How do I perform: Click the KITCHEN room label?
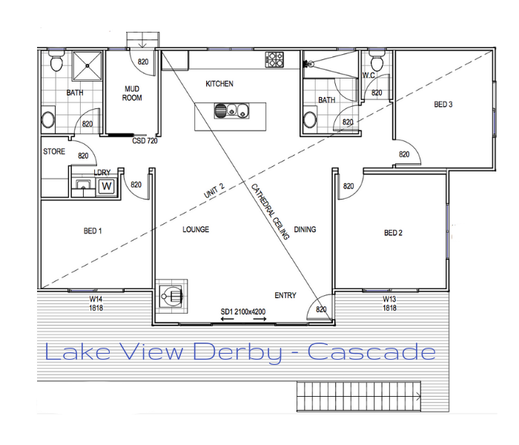[x=219, y=84]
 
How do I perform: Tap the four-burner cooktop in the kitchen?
[x=274, y=59]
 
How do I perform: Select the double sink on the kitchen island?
[x=231, y=111]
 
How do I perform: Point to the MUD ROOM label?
[x=132, y=93]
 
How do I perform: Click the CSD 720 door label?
[x=145, y=141]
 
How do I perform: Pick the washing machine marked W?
[x=107, y=186]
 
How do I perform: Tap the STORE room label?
[x=54, y=151]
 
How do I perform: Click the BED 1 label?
[x=93, y=231]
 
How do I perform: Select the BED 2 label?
[x=393, y=233]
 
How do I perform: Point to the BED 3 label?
[x=443, y=105]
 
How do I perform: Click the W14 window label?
[x=96, y=299]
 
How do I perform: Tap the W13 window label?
[x=389, y=299]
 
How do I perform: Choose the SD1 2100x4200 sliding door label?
[x=243, y=311]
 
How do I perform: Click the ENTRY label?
[x=285, y=295]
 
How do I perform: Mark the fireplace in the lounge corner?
[x=171, y=297]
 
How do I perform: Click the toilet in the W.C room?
[x=377, y=61]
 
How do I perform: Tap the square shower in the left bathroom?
[x=87, y=65]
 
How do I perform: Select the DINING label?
[x=305, y=229]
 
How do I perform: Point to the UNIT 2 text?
[x=214, y=191]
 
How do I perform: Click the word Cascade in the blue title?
[x=371, y=352]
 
